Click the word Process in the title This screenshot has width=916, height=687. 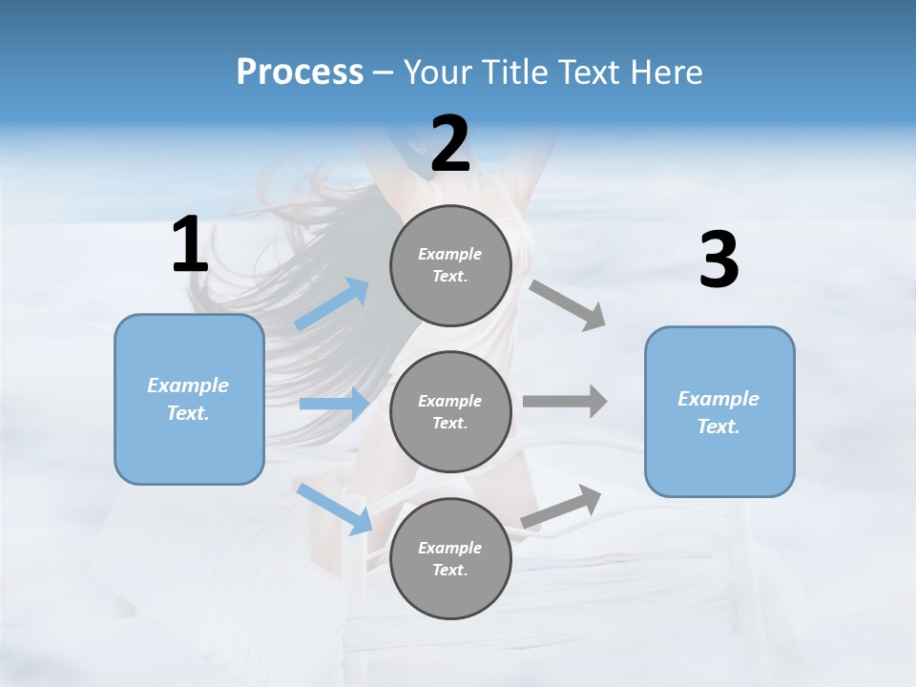[x=300, y=73]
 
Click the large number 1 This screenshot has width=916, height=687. [x=190, y=245]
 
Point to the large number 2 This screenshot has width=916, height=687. [x=450, y=144]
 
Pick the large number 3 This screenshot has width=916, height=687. [x=718, y=261]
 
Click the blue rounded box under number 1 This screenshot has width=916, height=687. [x=189, y=399]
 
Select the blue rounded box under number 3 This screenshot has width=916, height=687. [x=719, y=412]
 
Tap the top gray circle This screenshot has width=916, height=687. [x=450, y=265]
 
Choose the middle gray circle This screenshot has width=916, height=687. [x=450, y=411]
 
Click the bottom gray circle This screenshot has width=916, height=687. [x=450, y=558]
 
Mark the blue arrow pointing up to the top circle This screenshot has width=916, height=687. [x=332, y=304]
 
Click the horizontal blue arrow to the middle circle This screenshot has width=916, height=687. [x=334, y=404]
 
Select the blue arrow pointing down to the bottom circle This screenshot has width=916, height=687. [x=335, y=509]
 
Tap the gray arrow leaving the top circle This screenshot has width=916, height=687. [x=569, y=305]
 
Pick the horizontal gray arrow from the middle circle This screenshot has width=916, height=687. [x=565, y=401]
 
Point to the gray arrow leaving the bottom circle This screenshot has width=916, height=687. [x=561, y=506]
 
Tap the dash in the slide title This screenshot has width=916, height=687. [x=383, y=73]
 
